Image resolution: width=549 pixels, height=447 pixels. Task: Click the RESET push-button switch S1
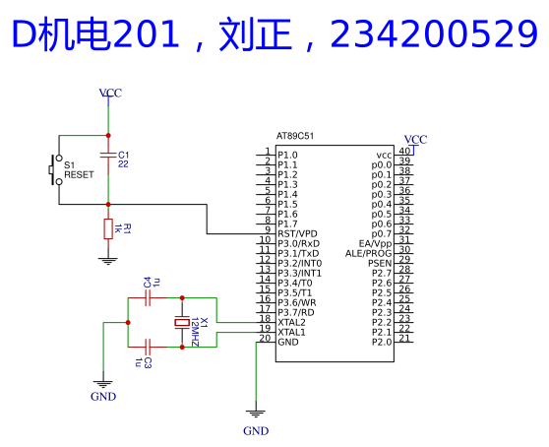point(55,170)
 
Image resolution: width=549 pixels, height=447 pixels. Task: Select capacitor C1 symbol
point(108,155)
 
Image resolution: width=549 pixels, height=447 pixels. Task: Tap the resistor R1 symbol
point(108,228)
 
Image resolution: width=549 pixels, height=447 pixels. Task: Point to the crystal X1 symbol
point(182,322)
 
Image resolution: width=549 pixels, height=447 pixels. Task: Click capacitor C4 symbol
point(148,297)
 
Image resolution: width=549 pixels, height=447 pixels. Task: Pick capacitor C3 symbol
point(148,347)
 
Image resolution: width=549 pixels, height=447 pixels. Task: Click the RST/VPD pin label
point(297,233)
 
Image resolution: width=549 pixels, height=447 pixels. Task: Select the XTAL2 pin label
point(291,322)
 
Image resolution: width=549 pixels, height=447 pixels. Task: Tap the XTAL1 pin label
point(291,332)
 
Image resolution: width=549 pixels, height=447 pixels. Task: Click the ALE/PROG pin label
point(368,253)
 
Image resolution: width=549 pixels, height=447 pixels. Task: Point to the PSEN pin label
point(380,263)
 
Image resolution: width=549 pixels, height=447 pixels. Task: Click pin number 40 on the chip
point(404,151)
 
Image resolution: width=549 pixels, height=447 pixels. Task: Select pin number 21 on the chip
point(404,338)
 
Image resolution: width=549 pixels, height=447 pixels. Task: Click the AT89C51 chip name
point(295,136)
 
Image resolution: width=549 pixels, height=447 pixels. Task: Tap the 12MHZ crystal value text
point(195,332)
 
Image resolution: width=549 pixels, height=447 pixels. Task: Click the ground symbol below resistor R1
point(108,261)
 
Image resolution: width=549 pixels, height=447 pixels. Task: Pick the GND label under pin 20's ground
point(256,431)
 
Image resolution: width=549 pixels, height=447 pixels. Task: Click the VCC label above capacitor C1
point(110,93)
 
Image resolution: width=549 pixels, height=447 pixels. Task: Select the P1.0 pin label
point(287,155)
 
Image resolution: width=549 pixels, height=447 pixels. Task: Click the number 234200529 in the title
point(434,34)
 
